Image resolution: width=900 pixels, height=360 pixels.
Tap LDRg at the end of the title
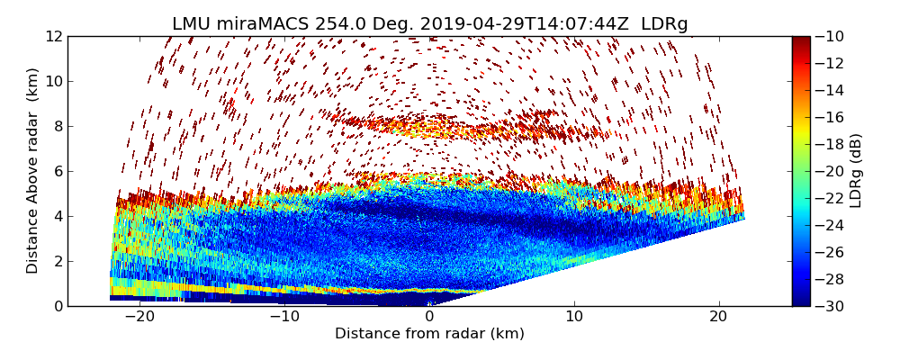pos(664,24)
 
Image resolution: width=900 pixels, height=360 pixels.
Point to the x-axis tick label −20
pos(139,318)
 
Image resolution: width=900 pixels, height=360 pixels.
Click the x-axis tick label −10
pos(284,318)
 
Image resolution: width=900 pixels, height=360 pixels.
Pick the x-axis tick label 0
pos(429,318)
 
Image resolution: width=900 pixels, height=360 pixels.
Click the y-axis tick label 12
pos(54,36)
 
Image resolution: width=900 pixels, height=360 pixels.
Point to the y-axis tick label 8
pos(58,126)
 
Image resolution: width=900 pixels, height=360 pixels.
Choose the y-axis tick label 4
pos(58,216)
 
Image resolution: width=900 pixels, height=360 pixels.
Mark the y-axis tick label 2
pos(58,261)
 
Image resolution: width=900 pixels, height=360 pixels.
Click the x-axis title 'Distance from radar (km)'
pos(429,334)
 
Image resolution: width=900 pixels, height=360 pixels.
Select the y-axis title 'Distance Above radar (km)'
pos(33,171)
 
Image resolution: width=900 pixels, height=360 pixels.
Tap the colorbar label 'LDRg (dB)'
pos(856,171)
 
